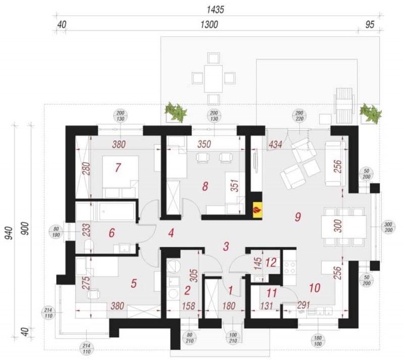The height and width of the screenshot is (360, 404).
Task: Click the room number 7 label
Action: (118, 168)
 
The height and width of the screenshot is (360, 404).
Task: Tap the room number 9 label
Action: (298, 217)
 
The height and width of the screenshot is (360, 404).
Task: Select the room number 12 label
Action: (271, 263)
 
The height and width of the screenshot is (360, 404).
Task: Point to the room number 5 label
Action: (133, 283)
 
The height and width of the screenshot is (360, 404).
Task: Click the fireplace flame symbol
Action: (257, 208)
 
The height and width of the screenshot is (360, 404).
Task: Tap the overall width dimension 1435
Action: (215, 10)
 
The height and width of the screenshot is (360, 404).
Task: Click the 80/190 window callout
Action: (56, 232)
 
